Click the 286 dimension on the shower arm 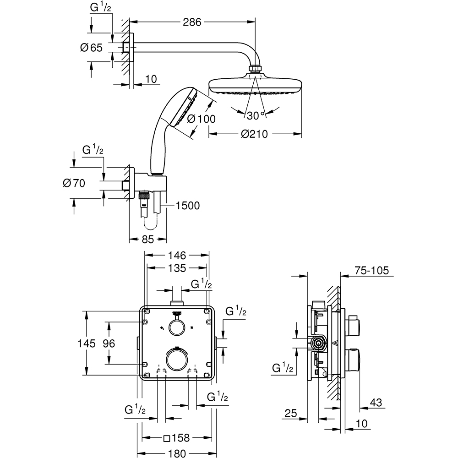pos(192,22)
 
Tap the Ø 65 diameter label pos(91,47)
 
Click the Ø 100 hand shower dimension pos(201,118)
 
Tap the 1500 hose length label pos(187,206)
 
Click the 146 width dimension pos(176,255)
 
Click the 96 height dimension pos(108,343)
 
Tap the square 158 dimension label pos(177,438)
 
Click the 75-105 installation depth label pos(371,270)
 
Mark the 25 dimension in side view pos(290,413)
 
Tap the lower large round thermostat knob pos(176,359)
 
